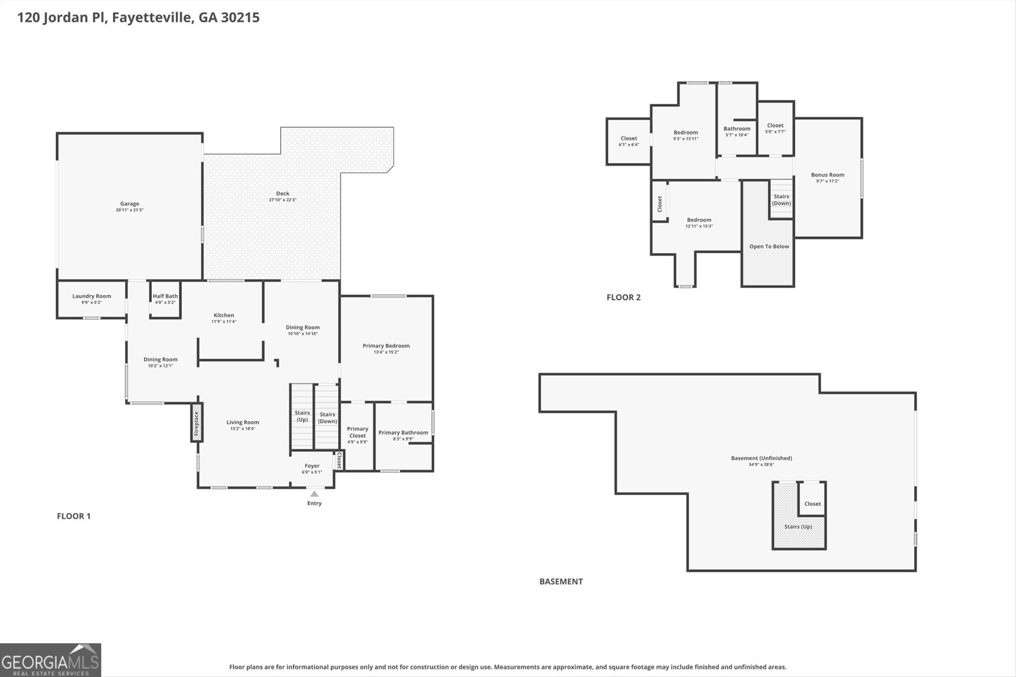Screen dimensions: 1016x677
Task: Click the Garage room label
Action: (130, 204)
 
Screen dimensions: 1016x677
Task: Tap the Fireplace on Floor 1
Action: (196, 423)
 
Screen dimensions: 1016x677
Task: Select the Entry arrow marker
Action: (314, 494)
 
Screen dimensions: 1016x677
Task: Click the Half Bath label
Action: (165, 296)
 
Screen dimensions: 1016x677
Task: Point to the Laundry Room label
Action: (91, 296)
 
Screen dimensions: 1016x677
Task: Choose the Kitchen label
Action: (224, 315)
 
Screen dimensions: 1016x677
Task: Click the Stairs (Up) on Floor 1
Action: (302, 416)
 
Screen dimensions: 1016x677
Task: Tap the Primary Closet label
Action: (358, 432)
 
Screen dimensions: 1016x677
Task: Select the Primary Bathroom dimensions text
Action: (403, 438)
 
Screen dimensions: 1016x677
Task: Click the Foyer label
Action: (312, 465)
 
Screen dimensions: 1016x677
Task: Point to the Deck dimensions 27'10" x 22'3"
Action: (283, 200)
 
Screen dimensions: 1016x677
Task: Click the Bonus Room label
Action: (828, 174)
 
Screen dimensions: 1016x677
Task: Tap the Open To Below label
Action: (769, 246)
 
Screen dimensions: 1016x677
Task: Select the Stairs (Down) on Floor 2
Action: (782, 199)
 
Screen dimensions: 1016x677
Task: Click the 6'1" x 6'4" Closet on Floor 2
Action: (629, 141)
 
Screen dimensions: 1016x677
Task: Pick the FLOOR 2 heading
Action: (624, 298)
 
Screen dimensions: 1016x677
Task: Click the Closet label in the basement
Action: (812, 503)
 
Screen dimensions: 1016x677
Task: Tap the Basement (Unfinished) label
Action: (761, 457)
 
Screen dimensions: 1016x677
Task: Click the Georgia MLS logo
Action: (50, 661)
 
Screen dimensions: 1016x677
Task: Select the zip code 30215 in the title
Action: (240, 17)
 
